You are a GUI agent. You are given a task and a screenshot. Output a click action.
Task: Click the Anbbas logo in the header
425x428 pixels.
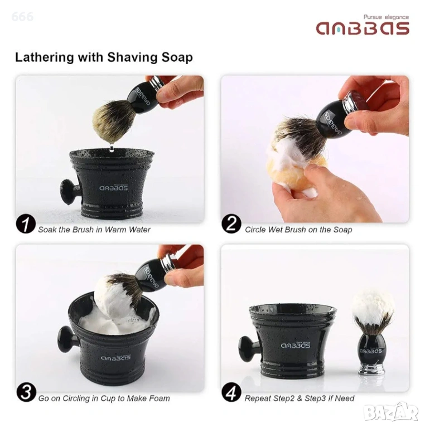tap(363, 28)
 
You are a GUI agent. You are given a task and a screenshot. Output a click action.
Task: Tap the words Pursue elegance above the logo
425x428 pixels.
tap(386, 17)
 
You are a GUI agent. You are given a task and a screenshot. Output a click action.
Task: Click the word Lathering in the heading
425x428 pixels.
tap(44, 57)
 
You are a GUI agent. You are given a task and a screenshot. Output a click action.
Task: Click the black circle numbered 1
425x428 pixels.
tap(26, 225)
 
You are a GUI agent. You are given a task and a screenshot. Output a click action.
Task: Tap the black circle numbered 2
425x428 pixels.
tap(231, 224)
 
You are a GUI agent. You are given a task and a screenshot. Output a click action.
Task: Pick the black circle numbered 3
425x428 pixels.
tap(26, 393)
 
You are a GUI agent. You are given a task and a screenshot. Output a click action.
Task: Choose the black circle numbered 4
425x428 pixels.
tap(231, 393)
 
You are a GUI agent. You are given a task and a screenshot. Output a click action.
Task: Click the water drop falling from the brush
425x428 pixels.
tap(111, 148)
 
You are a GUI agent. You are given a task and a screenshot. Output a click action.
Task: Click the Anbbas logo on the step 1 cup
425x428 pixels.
tap(113, 187)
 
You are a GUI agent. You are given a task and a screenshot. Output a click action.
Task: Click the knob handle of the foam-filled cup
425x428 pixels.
tap(66, 338)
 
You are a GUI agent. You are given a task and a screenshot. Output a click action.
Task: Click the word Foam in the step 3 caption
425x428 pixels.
tap(160, 398)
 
